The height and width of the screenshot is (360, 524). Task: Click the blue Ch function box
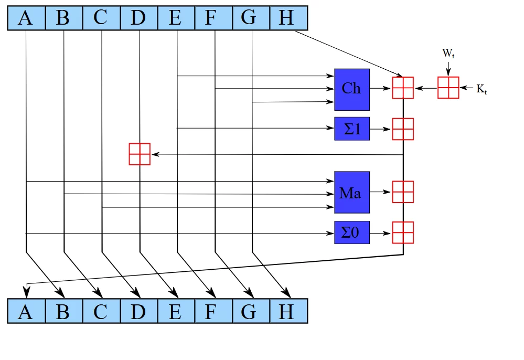click(x=352, y=89)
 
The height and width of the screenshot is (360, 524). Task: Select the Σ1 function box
click(x=352, y=129)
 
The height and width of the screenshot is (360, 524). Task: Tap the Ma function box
click(x=352, y=192)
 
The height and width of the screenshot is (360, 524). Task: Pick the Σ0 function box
click(x=352, y=232)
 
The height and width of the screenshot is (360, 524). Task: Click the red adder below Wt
click(x=448, y=88)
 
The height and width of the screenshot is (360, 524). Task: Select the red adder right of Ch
click(x=403, y=88)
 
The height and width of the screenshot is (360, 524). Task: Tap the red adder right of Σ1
click(x=403, y=129)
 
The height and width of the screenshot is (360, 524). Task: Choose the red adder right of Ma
click(x=403, y=192)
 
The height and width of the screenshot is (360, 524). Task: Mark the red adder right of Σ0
click(x=403, y=232)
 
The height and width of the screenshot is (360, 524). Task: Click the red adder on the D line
click(x=140, y=154)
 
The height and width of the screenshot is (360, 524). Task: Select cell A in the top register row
click(x=26, y=18)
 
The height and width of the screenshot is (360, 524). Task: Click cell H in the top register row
click(x=287, y=18)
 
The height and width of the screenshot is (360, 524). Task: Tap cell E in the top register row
click(x=176, y=18)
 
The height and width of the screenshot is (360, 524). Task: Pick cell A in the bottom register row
click(x=26, y=311)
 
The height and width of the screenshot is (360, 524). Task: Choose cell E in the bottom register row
click(x=176, y=311)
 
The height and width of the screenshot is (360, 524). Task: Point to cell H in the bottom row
click(x=287, y=311)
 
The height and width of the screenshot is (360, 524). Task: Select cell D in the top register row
click(x=138, y=18)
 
